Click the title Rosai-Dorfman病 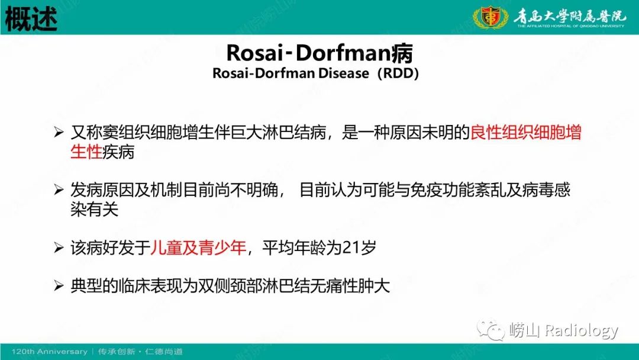click(319, 53)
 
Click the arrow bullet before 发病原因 click(58, 191)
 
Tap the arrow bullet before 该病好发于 click(58, 248)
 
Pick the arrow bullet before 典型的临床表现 click(58, 287)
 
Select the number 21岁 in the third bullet click(359, 248)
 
